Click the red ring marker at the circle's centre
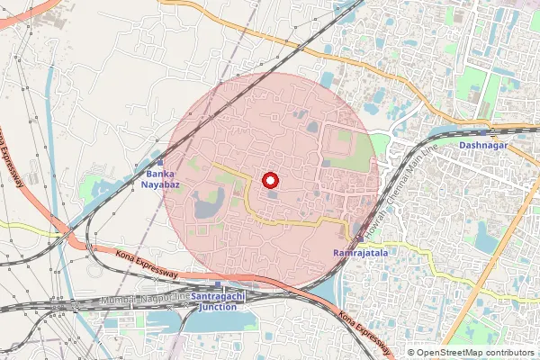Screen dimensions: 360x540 (x=270, y=180)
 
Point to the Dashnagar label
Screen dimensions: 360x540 (x=483, y=144)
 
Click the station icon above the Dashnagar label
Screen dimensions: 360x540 (x=483, y=130)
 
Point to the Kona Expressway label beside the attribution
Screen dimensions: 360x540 (x=365, y=334)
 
